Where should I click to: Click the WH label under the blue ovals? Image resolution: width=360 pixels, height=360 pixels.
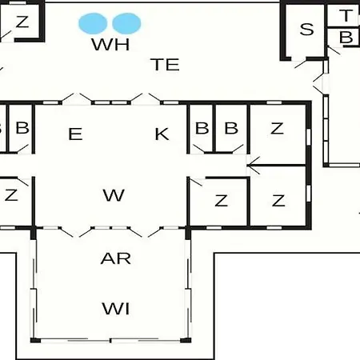pos(110,44)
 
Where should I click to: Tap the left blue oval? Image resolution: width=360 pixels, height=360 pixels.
pos(93,23)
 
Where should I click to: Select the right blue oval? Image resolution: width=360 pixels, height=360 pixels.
pos(126,23)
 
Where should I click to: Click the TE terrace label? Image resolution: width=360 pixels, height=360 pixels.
pos(165,65)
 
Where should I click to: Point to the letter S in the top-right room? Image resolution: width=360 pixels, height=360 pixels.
pos(306,30)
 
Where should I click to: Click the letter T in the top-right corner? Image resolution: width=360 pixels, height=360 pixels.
pos(346,15)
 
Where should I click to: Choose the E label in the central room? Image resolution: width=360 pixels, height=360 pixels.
pos(75,134)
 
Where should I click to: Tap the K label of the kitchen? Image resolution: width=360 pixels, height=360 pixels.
pos(162,134)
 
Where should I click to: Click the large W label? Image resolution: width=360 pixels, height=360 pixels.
pos(114,195)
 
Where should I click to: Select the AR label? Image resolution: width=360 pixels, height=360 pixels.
pos(116,258)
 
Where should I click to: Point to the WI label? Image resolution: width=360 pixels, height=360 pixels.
pos(116,309)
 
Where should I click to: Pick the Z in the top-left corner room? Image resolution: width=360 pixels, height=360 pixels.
pos(22,22)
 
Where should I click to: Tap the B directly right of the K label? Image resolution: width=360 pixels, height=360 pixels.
pos(202,128)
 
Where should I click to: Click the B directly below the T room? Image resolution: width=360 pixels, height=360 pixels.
pos(346,38)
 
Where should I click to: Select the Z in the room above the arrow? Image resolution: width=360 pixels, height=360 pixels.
pos(277,128)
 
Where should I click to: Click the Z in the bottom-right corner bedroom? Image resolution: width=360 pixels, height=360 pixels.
pos(278,201)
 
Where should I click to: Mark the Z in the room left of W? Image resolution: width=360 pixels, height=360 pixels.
pos(11,195)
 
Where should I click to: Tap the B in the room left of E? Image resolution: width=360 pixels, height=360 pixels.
pos(22,128)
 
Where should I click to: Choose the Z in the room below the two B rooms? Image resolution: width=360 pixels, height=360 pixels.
pos(222,201)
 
